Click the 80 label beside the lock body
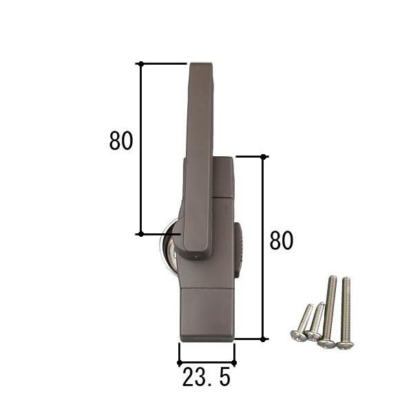pyautogui.click(x=282, y=240)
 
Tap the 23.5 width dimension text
pyautogui.click(x=206, y=377)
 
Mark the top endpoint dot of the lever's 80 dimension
pyautogui.click(x=140, y=63)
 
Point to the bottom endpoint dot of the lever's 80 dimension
pyautogui.click(x=140, y=234)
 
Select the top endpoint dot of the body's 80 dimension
pyautogui.click(x=264, y=157)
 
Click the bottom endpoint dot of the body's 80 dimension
pyautogui.click(x=264, y=339)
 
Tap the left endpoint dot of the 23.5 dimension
pyautogui.click(x=180, y=363)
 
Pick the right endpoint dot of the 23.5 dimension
pyautogui.click(x=234, y=363)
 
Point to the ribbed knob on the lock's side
pyautogui.click(x=239, y=251)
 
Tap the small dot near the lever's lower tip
pyautogui.click(x=195, y=259)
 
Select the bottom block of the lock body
pyautogui.click(x=207, y=314)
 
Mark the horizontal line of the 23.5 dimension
pyautogui.click(x=206, y=363)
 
